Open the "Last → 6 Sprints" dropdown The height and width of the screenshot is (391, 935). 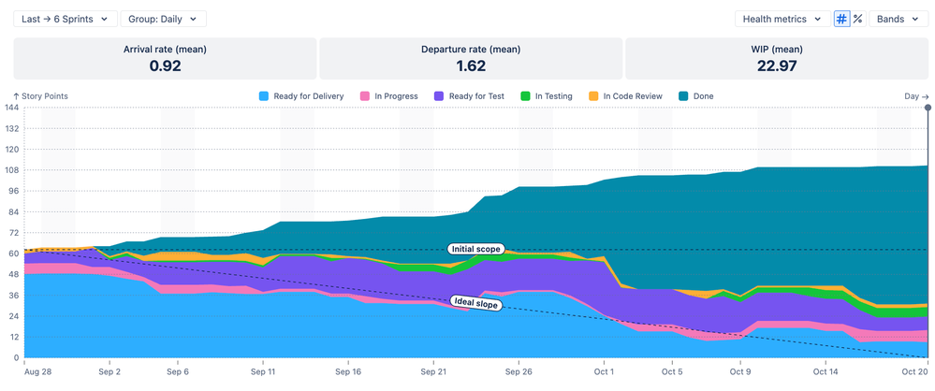[66, 19]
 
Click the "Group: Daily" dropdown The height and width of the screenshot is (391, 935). [163, 19]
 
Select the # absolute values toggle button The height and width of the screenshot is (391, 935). [841, 19]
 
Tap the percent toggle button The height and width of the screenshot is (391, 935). [857, 19]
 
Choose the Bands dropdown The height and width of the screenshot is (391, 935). [897, 19]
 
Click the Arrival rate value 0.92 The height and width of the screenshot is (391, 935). [165, 65]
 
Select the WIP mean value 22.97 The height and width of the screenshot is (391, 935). [776, 65]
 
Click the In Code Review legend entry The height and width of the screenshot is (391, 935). [627, 96]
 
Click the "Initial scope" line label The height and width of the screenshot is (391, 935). [475, 249]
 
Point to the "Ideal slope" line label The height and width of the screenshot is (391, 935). [475, 302]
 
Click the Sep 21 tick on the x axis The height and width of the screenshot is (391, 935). [433, 371]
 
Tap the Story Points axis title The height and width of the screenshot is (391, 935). [40, 96]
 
